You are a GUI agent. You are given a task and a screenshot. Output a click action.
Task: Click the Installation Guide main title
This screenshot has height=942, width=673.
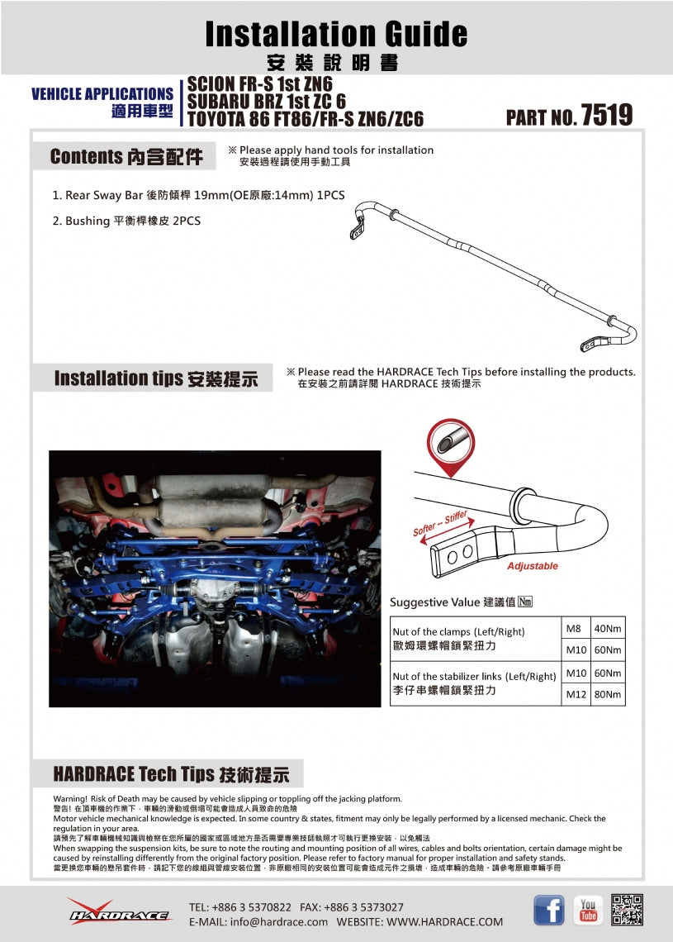(x=336, y=34)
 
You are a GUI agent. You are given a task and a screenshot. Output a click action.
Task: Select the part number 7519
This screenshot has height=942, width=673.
(x=606, y=116)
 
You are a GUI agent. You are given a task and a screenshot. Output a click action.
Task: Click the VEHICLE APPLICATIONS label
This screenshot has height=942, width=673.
(x=102, y=94)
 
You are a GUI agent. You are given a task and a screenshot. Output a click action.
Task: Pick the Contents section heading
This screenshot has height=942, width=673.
(x=126, y=157)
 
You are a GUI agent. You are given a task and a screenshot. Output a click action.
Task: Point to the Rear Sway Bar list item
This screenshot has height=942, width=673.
(x=198, y=196)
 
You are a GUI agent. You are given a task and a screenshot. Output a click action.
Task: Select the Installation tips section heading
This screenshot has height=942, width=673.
(x=155, y=378)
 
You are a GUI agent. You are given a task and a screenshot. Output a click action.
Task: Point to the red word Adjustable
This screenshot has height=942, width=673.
(x=532, y=566)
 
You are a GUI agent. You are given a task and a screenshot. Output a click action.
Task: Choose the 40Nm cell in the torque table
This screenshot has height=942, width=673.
(x=608, y=629)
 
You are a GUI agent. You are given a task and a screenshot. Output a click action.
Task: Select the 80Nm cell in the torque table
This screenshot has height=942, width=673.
(x=608, y=694)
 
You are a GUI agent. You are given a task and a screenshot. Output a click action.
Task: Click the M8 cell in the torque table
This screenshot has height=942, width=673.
(x=574, y=629)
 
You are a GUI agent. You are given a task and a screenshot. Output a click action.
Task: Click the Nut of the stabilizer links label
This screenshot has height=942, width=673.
(x=474, y=676)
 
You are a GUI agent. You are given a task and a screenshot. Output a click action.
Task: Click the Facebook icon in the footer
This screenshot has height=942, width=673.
(x=548, y=910)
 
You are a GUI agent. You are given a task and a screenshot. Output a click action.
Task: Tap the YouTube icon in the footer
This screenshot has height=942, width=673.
(x=588, y=910)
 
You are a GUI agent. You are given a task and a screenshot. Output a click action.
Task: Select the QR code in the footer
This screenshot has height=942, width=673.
(x=628, y=910)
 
